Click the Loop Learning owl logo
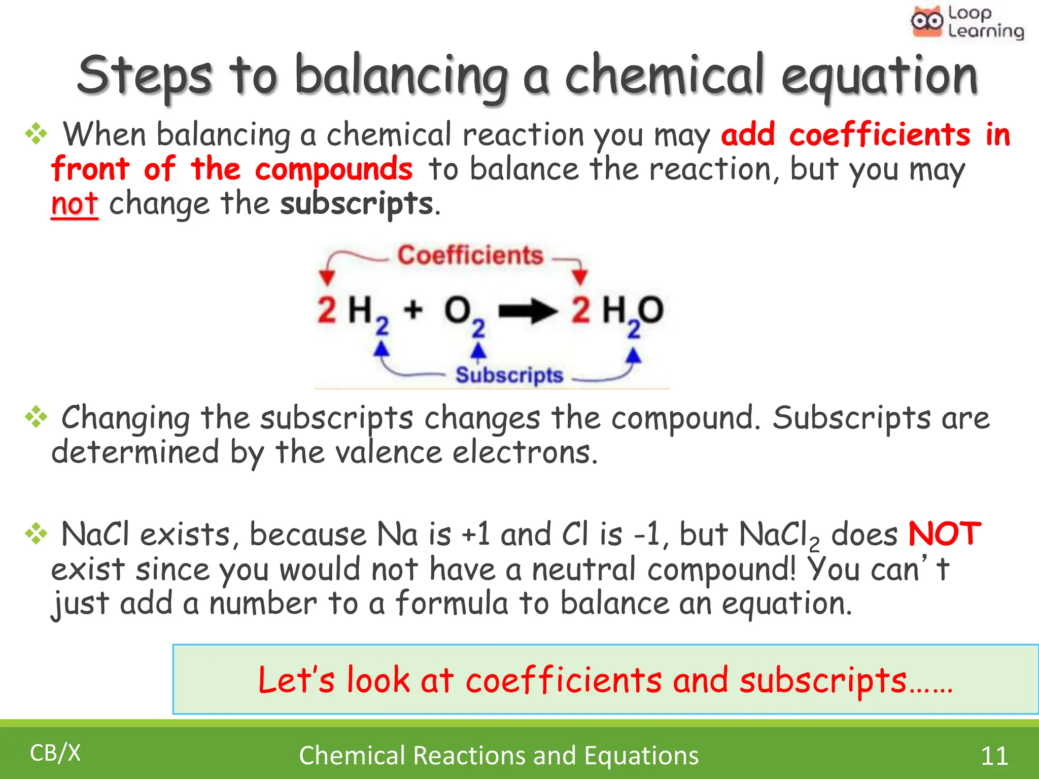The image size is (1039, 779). [x=927, y=22]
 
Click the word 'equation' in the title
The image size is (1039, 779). [x=879, y=77]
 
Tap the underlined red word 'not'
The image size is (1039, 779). [x=74, y=204]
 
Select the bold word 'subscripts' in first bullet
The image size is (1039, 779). [x=357, y=204]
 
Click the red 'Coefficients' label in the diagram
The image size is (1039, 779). [x=470, y=255]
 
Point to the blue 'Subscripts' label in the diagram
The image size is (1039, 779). [x=509, y=375]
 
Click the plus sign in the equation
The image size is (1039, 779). [x=413, y=309]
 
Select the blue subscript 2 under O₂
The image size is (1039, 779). [x=478, y=329]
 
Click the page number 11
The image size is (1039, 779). [x=994, y=756]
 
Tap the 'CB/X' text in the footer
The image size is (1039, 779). [x=55, y=753]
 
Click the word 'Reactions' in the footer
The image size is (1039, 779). [x=470, y=756]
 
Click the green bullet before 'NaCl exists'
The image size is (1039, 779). [x=36, y=534]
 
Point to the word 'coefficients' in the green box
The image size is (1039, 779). [x=564, y=680]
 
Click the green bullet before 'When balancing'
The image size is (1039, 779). [x=36, y=134]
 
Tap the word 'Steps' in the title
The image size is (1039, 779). [x=145, y=77]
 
